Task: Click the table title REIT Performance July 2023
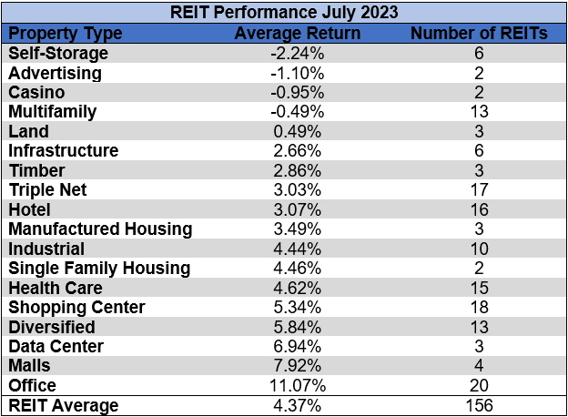(283, 13)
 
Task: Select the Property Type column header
(65, 33)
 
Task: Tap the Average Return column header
(297, 33)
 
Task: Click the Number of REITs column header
(478, 33)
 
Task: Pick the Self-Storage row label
(58, 53)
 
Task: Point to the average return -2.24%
(297, 53)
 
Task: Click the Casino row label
(37, 92)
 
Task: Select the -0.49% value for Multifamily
(297, 111)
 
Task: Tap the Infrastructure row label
(64, 150)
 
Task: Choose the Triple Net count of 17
(478, 189)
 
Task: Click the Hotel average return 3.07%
(297, 209)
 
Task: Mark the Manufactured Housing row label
(100, 229)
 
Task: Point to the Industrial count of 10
(478, 249)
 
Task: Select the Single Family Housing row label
(99, 268)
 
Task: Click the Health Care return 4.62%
(297, 288)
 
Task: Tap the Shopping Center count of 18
(478, 307)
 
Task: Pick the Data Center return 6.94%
(297, 346)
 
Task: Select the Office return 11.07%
(297, 386)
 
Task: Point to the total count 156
(478, 405)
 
